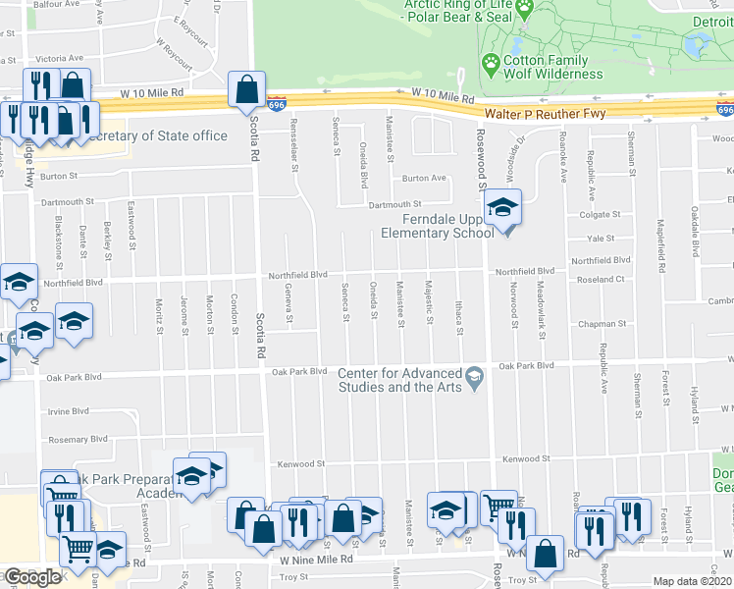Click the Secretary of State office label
[x=157, y=135]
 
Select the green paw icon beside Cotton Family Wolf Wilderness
[x=491, y=64]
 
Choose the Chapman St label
[x=602, y=323]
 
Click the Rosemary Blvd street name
[x=75, y=439]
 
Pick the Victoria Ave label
[x=60, y=58]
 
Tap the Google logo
[x=32, y=577]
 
